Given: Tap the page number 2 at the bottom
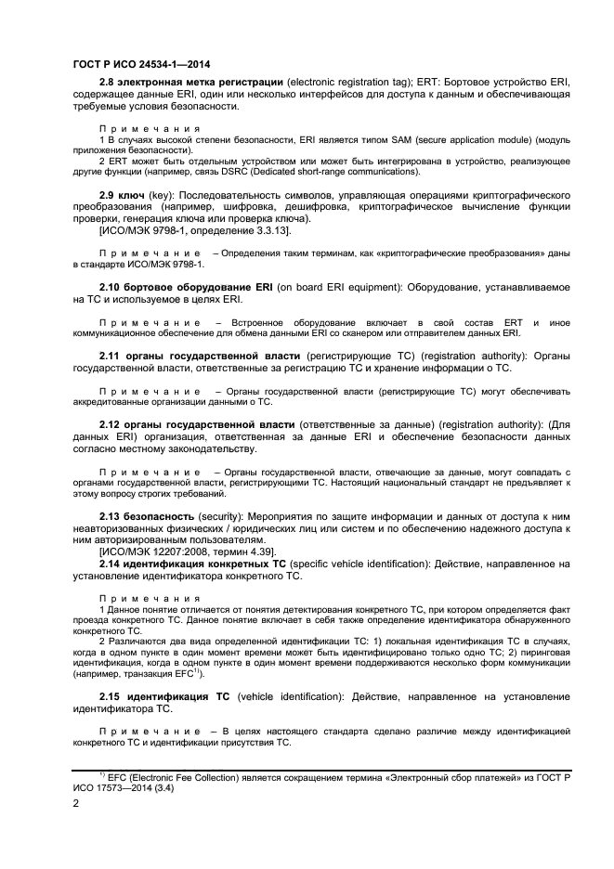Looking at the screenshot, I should click(x=76, y=808).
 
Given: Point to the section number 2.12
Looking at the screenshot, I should click(x=111, y=424).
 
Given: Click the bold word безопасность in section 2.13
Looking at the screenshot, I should click(x=159, y=514).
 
